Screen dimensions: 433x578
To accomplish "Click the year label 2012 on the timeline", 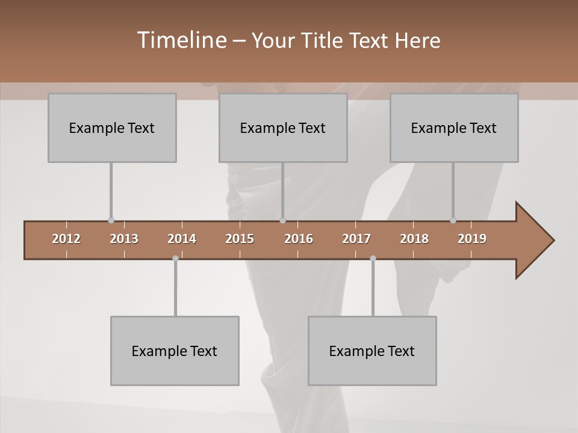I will point(66,239).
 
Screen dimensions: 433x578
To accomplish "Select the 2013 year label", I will point(124,239).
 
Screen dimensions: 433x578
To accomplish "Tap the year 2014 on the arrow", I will point(182,239).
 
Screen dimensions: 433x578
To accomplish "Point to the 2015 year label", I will point(240,239).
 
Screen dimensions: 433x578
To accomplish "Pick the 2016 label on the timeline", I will point(298,239).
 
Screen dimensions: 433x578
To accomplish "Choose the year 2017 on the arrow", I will point(356,239).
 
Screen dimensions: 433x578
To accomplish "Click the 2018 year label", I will point(414,239).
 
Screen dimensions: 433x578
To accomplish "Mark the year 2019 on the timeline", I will point(472,239).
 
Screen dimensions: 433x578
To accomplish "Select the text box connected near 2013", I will point(112,128).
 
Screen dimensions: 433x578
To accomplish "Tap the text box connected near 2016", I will point(283,128).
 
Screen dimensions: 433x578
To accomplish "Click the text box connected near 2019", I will point(454,128).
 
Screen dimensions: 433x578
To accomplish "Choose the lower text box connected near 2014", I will point(175,351).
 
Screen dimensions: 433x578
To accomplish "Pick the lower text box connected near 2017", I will point(372,351).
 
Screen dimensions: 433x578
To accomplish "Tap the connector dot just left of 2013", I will point(111,221).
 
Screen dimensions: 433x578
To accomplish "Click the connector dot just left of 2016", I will point(282,221).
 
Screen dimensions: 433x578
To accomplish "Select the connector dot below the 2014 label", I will point(175,259).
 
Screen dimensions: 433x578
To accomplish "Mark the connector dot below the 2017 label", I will point(373,259).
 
